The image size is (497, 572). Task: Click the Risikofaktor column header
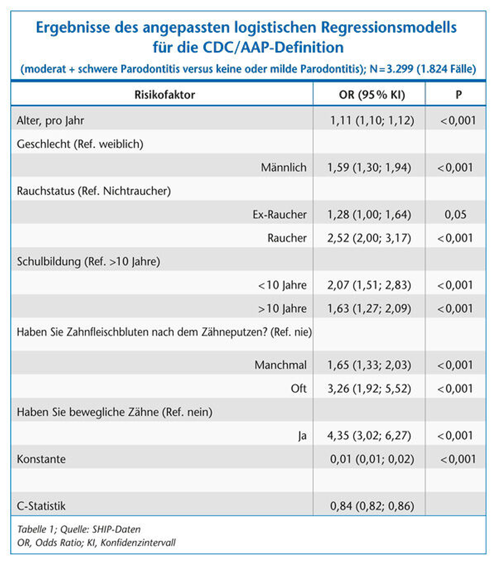165,95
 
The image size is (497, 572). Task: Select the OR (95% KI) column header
372,95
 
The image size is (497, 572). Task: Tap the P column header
459,95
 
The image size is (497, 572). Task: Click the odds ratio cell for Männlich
369,167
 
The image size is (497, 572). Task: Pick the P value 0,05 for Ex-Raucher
455,214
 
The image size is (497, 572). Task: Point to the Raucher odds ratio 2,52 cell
369,238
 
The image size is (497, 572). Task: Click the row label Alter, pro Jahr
50,121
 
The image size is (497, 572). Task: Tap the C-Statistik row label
41,506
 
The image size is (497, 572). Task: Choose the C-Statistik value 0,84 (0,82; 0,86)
372,506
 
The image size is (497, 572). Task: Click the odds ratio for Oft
369,388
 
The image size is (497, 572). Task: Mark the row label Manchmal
280,365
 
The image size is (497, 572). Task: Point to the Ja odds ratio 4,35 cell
369,435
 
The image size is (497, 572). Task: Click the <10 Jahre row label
282,285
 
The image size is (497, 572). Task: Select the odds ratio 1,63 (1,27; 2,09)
369,308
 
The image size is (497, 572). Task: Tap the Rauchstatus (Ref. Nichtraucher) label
94,191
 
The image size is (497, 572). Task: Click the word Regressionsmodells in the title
388,27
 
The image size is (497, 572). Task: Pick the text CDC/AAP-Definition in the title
273,47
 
